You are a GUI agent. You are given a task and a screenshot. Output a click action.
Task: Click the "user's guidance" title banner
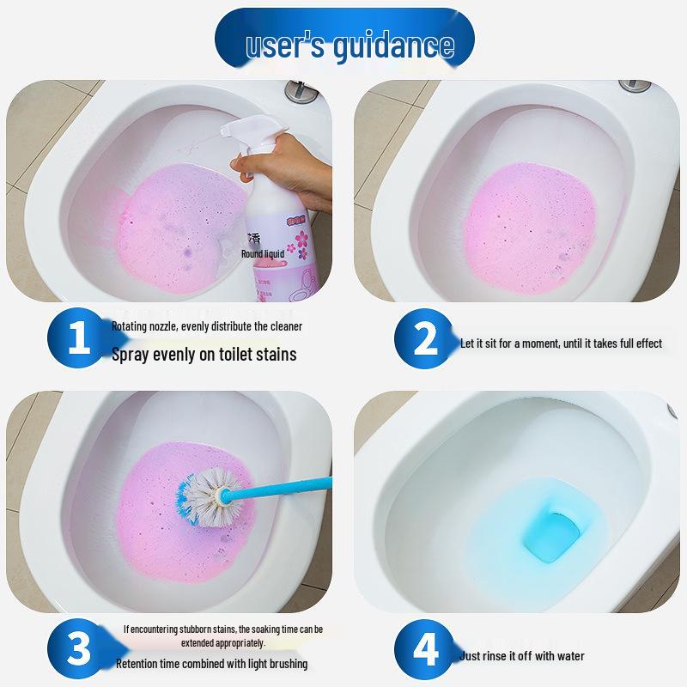[343, 43]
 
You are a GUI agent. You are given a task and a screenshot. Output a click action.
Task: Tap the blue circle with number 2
[426, 341]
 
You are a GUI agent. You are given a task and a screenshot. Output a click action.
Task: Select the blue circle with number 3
[78, 650]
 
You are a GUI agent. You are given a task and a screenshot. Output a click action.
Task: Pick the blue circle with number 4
[426, 650]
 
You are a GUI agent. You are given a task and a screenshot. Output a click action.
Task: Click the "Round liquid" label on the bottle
[264, 254]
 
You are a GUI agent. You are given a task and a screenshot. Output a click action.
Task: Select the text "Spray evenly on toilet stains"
[204, 354]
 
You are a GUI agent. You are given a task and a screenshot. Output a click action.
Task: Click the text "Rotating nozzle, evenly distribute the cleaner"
[207, 326]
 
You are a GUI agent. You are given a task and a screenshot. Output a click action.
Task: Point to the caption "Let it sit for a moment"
[561, 343]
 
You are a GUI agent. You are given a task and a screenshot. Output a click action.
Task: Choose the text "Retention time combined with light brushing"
[211, 664]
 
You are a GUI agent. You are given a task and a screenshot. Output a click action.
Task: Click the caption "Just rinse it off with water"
[522, 657]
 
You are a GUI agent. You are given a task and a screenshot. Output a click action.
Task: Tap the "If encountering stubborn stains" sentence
[222, 635]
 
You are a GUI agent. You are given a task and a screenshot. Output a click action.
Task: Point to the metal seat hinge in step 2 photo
[635, 86]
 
